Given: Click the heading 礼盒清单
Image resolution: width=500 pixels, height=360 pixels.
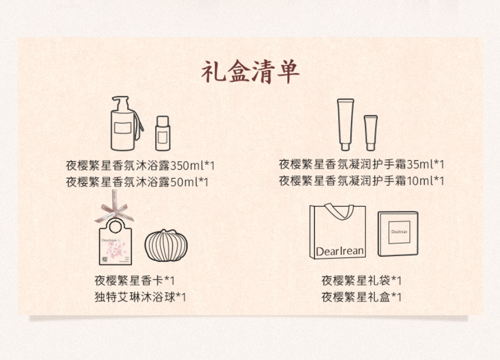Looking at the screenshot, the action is tap(251, 72).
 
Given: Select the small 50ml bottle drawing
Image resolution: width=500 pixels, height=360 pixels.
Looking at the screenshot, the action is tap(162, 133).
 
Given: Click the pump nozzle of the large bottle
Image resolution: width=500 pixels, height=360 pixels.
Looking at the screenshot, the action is tap(121, 103).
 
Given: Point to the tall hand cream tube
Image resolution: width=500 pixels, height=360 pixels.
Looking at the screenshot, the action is tap(345, 124).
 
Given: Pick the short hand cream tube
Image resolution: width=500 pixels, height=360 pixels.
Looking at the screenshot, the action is tap(371, 133).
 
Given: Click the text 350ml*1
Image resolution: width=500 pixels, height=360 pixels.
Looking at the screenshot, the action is tap(193, 166).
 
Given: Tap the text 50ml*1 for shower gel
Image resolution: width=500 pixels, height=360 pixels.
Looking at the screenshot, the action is tap(189, 182).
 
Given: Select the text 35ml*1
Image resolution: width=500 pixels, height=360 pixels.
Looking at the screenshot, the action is tap(425, 165).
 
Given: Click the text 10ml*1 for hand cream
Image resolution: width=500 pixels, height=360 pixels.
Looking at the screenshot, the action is tap(425, 181).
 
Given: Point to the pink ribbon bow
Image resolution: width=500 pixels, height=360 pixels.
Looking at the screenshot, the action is tap(114, 210).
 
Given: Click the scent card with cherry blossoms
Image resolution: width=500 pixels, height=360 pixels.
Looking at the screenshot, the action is tap(116, 241).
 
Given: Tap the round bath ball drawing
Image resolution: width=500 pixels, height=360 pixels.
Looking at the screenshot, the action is tap(166, 246).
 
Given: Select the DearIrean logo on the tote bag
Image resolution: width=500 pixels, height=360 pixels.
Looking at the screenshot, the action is tap(340, 251).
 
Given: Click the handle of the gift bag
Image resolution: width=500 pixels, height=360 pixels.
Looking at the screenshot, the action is tap(339, 211).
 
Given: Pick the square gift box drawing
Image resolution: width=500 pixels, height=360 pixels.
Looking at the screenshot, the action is tap(398, 233).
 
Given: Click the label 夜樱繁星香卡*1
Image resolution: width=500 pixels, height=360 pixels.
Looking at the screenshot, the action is tap(134, 281).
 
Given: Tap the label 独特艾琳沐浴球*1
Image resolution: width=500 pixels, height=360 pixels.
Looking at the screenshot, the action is tap(140, 297).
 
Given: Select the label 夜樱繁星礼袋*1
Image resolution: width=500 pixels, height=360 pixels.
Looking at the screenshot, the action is tap(361, 281).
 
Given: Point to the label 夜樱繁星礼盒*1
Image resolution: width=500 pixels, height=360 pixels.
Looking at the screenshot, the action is tap(361, 297).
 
